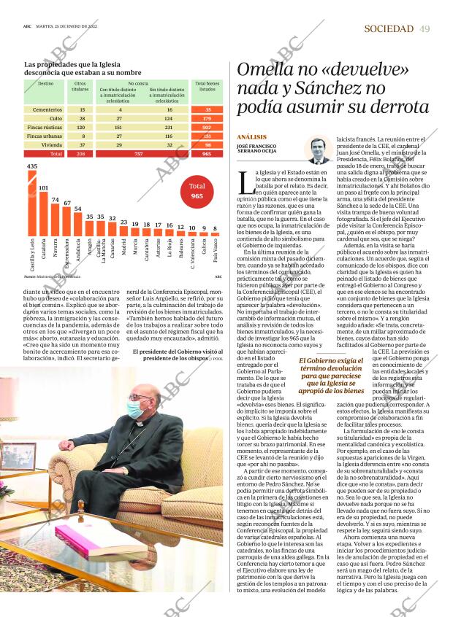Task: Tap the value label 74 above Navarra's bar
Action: pos(56,199)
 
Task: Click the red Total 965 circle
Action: pos(197,191)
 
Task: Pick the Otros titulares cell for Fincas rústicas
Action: pos(80,126)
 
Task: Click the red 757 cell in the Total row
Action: pos(139,154)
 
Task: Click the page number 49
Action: pos(425,28)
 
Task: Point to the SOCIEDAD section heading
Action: pos(388,28)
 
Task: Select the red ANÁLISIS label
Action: pos(251,137)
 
